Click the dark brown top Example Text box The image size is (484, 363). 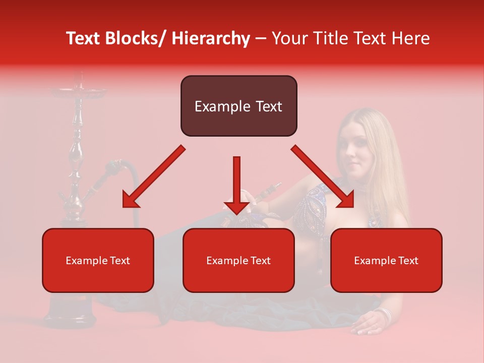click(x=238, y=106)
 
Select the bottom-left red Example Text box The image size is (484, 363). click(x=98, y=260)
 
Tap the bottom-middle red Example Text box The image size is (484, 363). click(x=238, y=260)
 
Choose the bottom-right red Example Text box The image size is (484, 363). click(x=386, y=260)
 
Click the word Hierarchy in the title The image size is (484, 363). click(x=211, y=39)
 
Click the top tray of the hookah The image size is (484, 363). click(x=78, y=92)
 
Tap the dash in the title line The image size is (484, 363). click(x=261, y=39)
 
